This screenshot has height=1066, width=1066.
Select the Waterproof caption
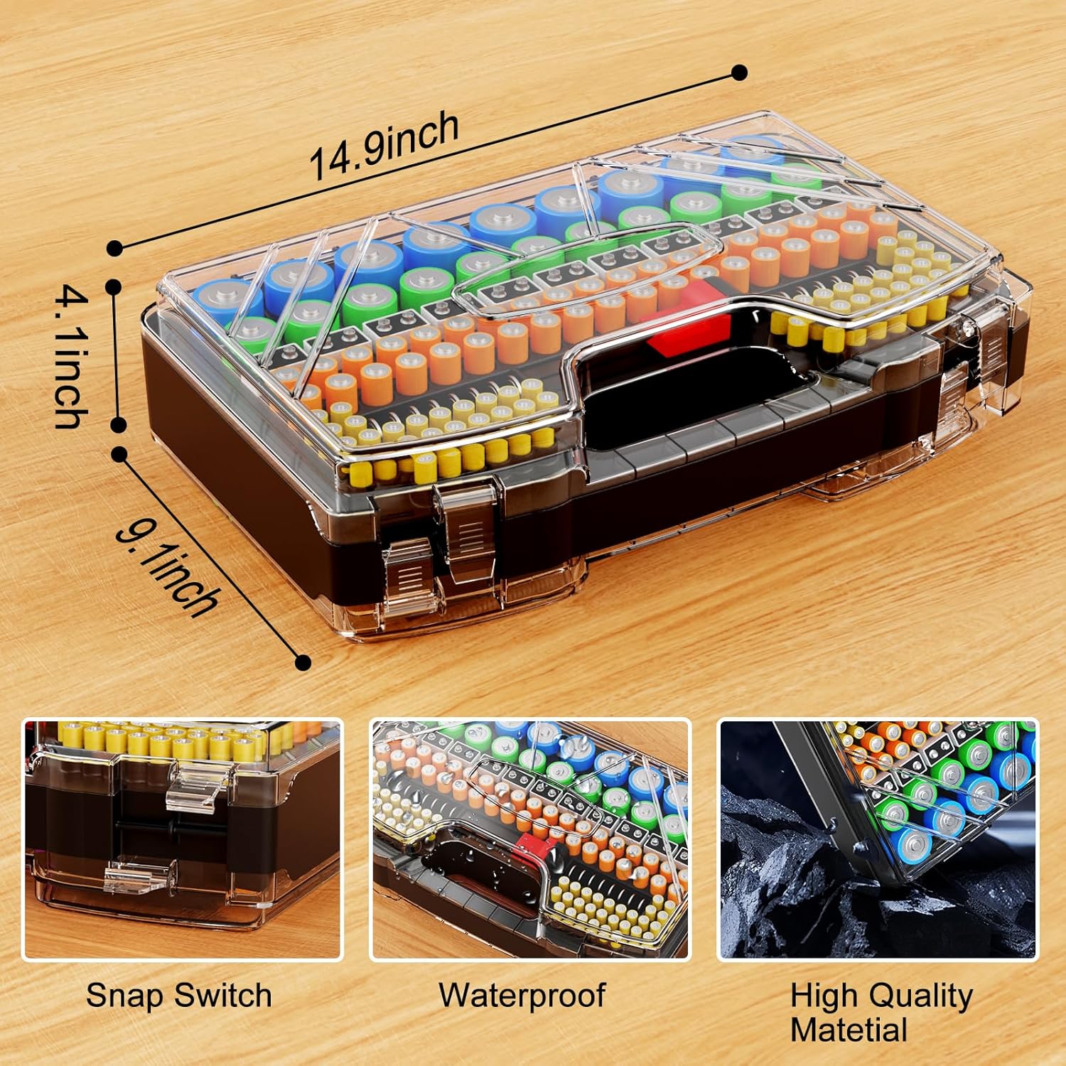(x=522, y=996)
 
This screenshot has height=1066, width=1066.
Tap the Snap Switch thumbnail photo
(x=183, y=839)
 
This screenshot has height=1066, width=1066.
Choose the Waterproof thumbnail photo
(x=530, y=839)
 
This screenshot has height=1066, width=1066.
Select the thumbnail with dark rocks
(x=878, y=839)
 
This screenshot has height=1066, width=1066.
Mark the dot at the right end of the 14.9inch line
(x=739, y=72)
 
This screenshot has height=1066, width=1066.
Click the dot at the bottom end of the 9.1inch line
(x=303, y=662)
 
